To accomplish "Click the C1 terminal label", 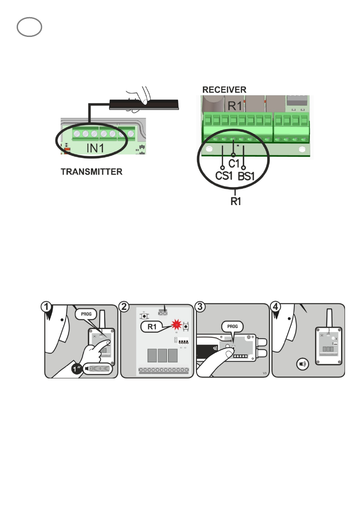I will [x=233, y=163].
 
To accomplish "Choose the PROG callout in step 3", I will [x=232, y=327].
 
